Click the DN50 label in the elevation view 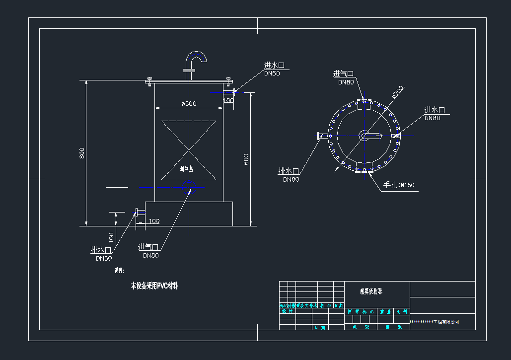(272, 73)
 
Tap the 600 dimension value (247, 159)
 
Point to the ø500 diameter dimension (189, 103)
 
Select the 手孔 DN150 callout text (398, 186)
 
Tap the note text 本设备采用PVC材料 (154, 286)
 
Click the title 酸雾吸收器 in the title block (371, 291)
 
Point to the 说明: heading (119, 271)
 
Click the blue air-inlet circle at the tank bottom (189, 187)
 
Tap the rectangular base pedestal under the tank (189, 213)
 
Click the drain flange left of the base (137, 213)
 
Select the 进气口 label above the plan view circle (343, 74)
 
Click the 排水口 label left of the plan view (288, 171)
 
